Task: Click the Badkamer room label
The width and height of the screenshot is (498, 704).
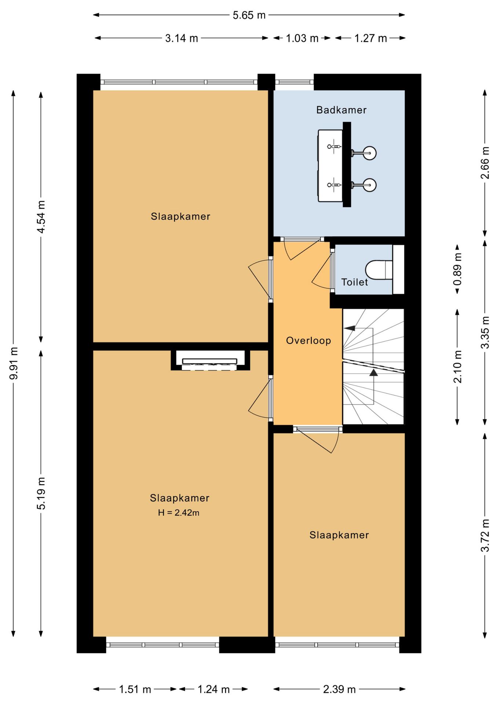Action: (341, 110)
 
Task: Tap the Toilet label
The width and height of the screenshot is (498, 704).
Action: (355, 282)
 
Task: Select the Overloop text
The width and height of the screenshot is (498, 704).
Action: (308, 341)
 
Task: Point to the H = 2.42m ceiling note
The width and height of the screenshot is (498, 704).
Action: (179, 513)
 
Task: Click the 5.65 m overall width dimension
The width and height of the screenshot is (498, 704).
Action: (249, 15)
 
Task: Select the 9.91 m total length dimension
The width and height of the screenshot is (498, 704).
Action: (14, 363)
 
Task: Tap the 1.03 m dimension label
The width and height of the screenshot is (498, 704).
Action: (302, 38)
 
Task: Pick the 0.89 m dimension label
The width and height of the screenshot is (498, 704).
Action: (457, 269)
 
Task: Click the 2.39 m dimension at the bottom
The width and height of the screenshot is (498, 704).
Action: (339, 689)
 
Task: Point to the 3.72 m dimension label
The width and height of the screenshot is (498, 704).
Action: (485, 535)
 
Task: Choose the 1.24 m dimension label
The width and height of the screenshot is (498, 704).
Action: (213, 689)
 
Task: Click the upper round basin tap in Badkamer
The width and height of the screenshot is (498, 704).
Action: (370, 153)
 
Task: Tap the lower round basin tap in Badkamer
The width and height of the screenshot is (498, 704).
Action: (370, 185)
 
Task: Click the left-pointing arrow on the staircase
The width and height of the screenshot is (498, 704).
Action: (350, 328)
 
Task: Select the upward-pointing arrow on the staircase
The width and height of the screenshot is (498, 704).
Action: (373, 373)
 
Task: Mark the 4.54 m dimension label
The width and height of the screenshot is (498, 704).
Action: (41, 217)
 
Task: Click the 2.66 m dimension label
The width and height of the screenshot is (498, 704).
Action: (485, 163)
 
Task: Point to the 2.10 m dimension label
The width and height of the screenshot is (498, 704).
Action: (457, 367)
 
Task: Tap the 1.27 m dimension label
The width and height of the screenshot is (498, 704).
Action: (371, 38)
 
